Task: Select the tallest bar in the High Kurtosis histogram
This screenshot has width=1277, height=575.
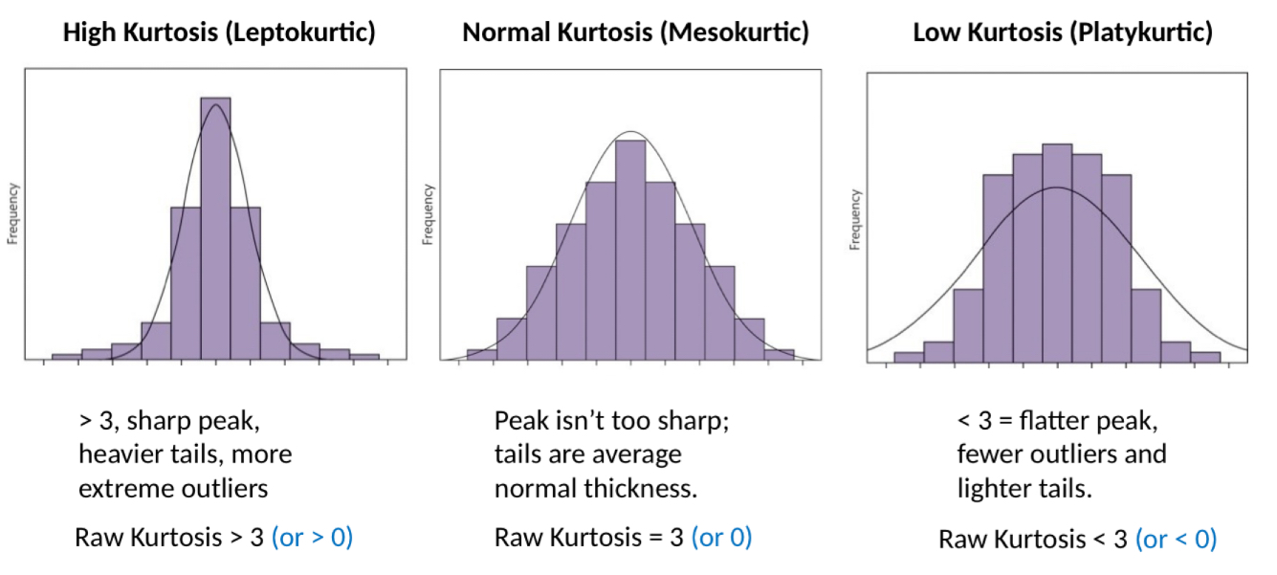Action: coord(215,230)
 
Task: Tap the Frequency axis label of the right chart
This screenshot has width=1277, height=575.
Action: coord(854,219)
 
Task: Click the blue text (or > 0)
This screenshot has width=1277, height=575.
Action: coord(313,538)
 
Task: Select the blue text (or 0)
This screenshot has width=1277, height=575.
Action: coord(721,538)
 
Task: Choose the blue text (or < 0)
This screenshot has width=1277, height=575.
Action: coord(1176,540)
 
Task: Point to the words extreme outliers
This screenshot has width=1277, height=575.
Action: coord(173,488)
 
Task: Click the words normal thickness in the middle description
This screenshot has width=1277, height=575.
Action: coord(595,488)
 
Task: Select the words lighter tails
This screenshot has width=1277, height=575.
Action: coord(1024,488)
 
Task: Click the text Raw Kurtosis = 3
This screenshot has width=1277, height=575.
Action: coord(589,538)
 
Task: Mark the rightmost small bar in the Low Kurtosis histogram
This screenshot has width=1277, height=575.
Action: coord(1205,357)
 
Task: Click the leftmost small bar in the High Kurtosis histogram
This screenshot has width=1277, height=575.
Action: coord(66,356)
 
